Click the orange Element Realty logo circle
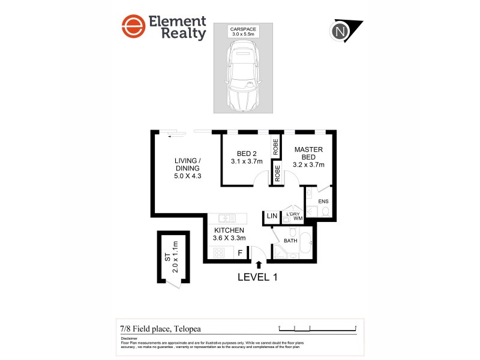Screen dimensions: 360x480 (133, 28)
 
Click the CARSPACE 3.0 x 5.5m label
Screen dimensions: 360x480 (243, 32)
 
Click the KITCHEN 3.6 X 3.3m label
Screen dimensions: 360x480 (229, 234)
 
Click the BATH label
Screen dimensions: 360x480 (290, 241)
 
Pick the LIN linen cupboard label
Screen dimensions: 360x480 (272, 215)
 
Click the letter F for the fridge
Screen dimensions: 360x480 (241, 253)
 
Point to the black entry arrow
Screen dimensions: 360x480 (259, 264)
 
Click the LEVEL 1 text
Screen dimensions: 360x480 (257, 277)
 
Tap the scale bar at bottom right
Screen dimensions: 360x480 (318, 328)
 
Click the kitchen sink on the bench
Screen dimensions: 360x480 (227, 218)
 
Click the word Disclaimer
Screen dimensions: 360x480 (130, 338)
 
